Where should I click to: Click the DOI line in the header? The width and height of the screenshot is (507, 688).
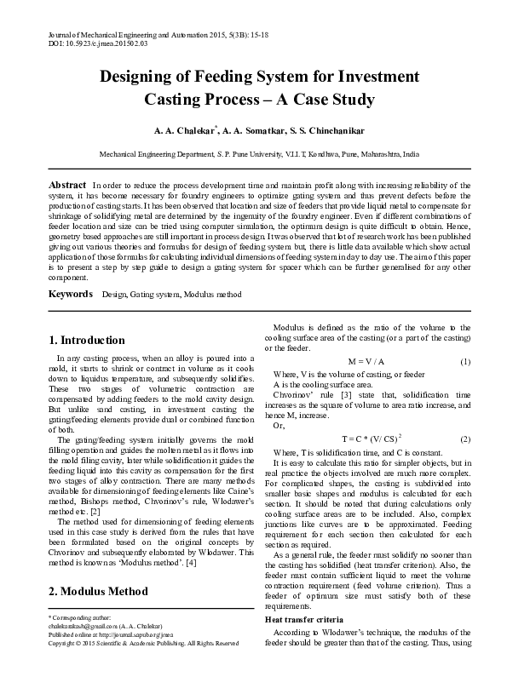[89, 40]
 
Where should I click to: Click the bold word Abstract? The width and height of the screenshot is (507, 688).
[67, 185]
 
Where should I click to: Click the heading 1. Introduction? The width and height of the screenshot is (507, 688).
[87, 340]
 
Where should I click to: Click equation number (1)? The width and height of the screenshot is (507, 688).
[465, 362]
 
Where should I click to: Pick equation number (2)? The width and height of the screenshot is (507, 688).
[465, 439]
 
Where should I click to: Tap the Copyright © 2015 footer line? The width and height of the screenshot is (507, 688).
[142, 666]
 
